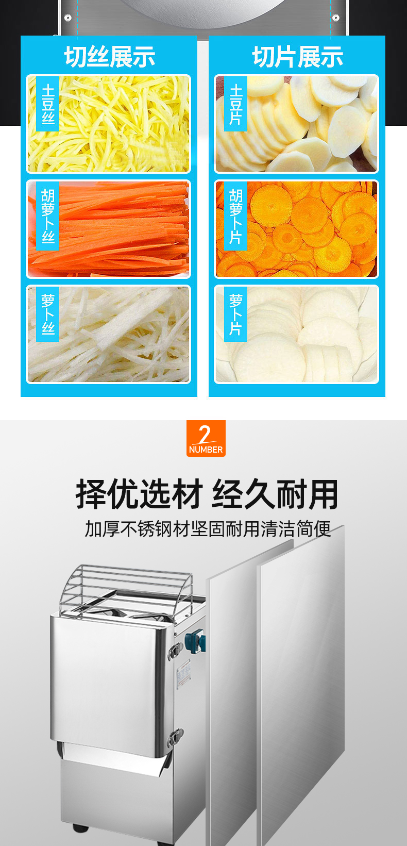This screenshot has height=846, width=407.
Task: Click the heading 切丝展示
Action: [110, 57]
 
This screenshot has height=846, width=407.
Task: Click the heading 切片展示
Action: [297, 57]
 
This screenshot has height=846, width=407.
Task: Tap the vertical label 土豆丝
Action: [47, 104]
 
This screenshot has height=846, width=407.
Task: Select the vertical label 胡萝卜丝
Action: [47, 215]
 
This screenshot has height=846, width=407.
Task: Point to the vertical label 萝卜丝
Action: [47, 314]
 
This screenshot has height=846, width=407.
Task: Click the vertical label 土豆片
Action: [235, 104]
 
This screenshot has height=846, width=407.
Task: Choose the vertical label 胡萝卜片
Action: [235, 215]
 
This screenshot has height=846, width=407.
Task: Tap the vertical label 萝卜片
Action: [235, 314]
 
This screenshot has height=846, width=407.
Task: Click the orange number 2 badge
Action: [206, 438]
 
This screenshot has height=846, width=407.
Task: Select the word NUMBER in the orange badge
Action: [206, 450]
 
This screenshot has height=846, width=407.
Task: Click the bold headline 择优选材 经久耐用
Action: [207, 494]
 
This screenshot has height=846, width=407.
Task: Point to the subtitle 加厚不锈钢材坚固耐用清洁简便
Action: [208, 529]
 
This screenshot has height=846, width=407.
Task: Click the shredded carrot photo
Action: [108, 229]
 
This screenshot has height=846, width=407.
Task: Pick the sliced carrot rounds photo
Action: [296, 229]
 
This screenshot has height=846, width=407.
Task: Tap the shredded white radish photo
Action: [108, 334]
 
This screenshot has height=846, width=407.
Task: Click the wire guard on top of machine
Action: [125, 591]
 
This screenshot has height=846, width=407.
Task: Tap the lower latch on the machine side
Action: [175, 737]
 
